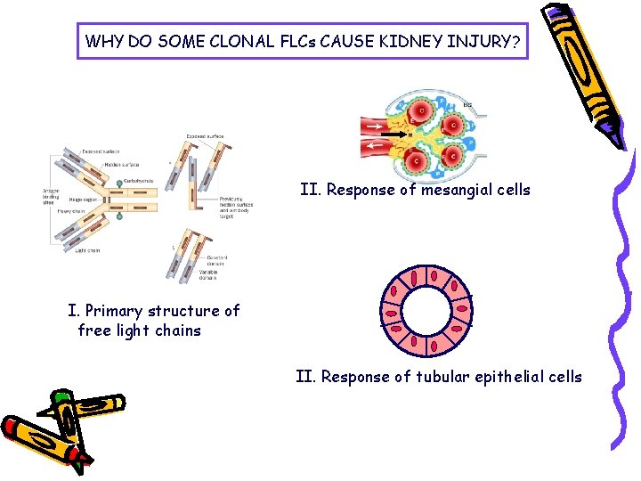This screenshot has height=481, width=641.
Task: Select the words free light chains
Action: [x=140, y=330]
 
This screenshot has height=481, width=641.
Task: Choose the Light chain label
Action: [x=87, y=250]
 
